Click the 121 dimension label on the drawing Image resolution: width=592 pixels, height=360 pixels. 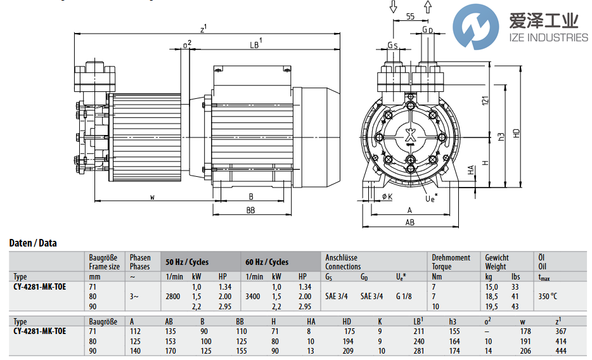pos(485,101)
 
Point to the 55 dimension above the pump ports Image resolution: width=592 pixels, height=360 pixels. pos(410,16)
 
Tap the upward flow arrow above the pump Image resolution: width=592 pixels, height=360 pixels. pos(428,7)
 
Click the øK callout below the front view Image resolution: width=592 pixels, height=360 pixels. pos(387,196)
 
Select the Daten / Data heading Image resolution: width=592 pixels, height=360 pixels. pos(33,243)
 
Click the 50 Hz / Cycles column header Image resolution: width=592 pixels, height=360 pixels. pos(187,262)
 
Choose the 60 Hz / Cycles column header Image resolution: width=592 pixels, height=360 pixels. pos(267,262)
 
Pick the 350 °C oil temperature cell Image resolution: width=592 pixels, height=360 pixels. pos(548,297)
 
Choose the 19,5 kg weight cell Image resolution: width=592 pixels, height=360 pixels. pos(491,306)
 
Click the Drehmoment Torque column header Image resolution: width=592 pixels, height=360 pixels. pos(451,262)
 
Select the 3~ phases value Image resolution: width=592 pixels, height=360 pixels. pos(134,297)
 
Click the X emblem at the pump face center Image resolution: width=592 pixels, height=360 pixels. pos(410,136)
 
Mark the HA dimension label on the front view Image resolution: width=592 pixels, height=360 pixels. pos(470,170)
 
